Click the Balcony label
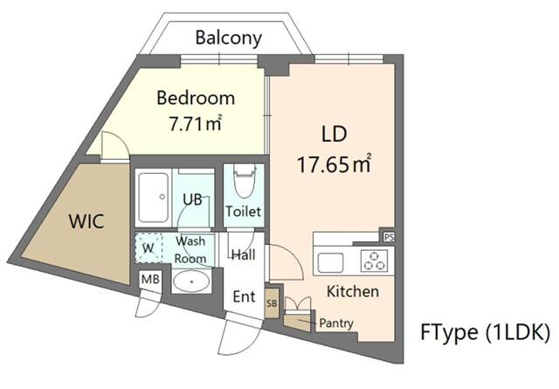click(x=228, y=38)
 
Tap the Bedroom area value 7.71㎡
click(x=195, y=123)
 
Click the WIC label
click(x=86, y=221)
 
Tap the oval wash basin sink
click(x=190, y=281)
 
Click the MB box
click(x=149, y=280)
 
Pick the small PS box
click(x=387, y=236)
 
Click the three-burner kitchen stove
click(x=373, y=260)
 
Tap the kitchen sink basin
click(x=331, y=261)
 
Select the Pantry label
click(x=335, y=323)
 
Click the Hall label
click(x=243, y=254)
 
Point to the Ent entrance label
click(x=244, y=297)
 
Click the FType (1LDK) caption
click(x=484, y=332)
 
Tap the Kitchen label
click(x=352, y=291)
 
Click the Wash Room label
click(x=190, y=249)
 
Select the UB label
click(x=192, y=199)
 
